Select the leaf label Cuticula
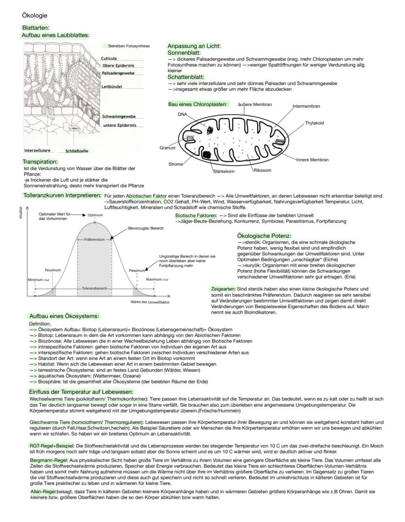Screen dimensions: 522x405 (x=109, y=59)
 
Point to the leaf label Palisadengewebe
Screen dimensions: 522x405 (x=118, y=73)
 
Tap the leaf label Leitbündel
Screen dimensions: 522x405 (x=111, y=86)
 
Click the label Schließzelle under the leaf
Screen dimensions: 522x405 (x=77, y=151)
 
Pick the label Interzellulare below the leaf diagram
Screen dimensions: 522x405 (x=38, y=150)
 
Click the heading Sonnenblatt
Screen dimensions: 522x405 (x=183, y=52)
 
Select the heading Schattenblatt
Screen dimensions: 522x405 (x=186, y=77)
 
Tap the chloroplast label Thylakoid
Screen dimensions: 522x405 (x=314, y=123)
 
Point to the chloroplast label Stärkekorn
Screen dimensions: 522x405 (x=224, y=171)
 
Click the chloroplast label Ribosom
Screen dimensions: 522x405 (x=262, y=170)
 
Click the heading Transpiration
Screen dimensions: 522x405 (x=40, y=162)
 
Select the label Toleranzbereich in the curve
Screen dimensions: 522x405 (x=94, y=289)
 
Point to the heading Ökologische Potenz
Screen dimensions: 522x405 (x=264, y=236)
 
